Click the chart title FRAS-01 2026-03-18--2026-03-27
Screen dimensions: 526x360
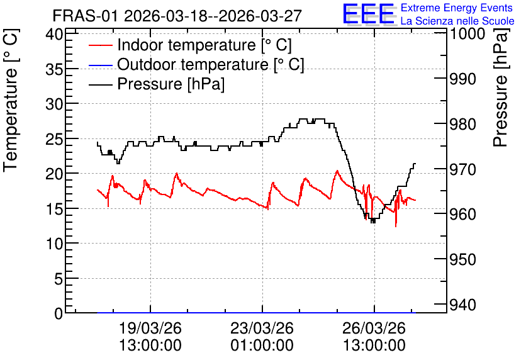[177, 16]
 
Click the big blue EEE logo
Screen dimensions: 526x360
[369, 14]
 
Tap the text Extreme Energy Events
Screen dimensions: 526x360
[457, 8]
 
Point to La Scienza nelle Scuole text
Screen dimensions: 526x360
[457, 21]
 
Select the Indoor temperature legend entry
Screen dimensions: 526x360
[190, 45]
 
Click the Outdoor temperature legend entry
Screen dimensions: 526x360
[196, 64]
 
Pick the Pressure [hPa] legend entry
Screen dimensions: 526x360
[157, 84]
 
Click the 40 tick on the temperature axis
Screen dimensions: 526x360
[54, 34]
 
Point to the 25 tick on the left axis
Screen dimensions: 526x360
[54, 138]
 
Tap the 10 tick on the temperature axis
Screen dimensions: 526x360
[54, 243]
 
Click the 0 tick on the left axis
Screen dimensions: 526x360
[59, 313]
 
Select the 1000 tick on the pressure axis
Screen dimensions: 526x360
[467, 33]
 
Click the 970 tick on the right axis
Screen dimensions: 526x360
[462, 169]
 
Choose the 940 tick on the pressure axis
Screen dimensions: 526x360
[462, 305]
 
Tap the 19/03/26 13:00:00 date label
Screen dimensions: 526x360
[150, 337]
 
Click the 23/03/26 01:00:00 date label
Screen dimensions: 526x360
[262, 337]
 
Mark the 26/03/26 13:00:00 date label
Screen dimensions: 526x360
[374, 337]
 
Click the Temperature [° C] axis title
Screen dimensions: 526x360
[11, 101]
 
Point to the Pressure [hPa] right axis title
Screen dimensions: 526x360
[500, 87]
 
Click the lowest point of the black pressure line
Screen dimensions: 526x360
[373, 222]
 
